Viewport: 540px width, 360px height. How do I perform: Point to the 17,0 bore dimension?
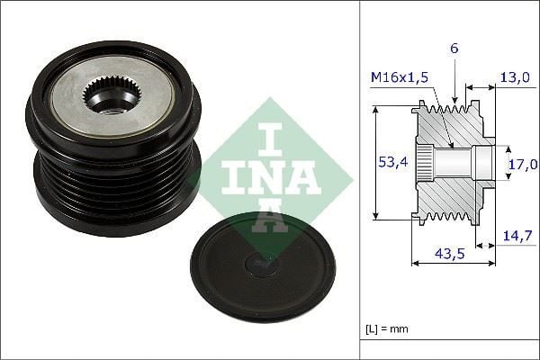pos(522,164)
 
